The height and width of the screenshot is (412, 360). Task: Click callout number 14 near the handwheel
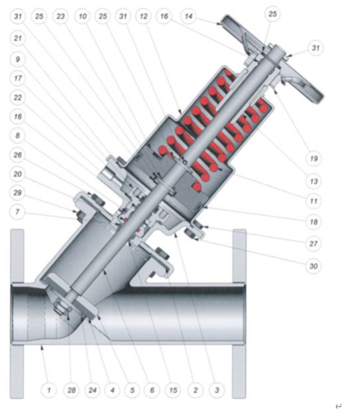(188, 16)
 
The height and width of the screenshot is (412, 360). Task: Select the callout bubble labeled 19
(314, 159)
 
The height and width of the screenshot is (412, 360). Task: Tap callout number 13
(314, 181)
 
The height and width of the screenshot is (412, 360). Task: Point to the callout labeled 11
(314, 201)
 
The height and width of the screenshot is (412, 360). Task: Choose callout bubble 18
(314, 222)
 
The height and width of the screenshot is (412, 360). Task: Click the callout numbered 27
(314, 244)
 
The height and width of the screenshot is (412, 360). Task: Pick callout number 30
(314, 266)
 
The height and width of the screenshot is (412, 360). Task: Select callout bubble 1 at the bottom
(49, 390)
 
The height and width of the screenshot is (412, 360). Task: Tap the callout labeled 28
(72, 390)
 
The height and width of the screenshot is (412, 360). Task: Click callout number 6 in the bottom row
(152, 390)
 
